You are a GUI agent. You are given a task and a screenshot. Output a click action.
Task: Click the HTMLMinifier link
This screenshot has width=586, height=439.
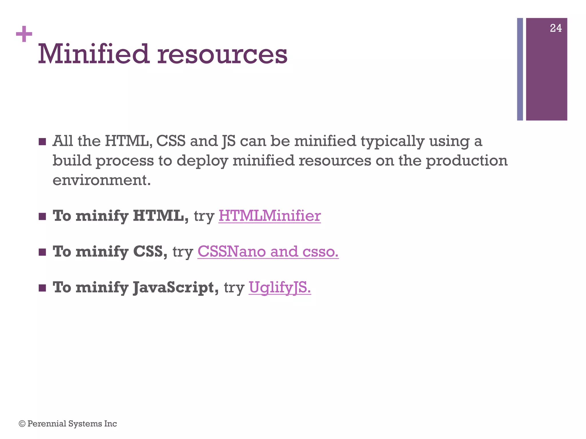269,216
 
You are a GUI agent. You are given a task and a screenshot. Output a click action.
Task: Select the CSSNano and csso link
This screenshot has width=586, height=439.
268,252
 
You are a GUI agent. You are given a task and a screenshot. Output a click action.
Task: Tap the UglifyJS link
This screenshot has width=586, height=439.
280,287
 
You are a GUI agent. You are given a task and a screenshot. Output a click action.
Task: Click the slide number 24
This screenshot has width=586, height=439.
556,28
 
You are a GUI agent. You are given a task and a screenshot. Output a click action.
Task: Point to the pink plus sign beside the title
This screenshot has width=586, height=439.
24,34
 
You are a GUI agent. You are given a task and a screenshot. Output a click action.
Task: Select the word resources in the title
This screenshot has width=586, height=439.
222,54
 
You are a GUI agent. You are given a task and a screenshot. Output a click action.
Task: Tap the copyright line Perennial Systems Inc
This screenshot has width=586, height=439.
68,424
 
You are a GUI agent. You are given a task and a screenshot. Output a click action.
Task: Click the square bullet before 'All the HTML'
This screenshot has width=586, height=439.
42,142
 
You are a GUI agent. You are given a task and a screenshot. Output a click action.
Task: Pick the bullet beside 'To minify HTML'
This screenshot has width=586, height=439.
42,216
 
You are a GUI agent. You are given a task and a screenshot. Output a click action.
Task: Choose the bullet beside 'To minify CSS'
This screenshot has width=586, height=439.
42,252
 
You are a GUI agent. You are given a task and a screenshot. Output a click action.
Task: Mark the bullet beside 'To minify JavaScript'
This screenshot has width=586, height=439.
42,288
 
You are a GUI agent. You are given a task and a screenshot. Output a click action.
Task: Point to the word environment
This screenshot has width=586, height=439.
102,180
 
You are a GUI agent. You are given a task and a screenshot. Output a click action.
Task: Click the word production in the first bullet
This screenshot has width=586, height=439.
466,161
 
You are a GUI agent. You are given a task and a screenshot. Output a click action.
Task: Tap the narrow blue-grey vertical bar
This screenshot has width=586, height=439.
520,69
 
